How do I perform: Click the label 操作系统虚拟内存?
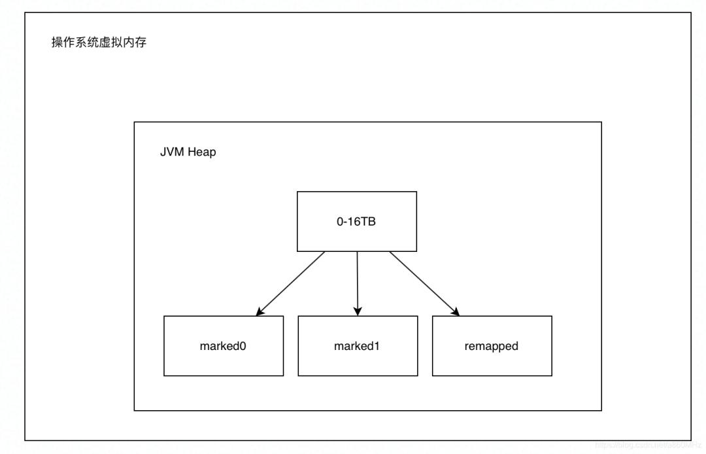tap(99, 44)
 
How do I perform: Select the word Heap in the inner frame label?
tap(202, 152)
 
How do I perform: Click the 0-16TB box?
tap(356, 221)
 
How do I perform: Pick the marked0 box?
tap(224, 346)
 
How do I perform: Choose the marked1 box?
tap(358, 346)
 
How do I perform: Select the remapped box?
tap(492, 346)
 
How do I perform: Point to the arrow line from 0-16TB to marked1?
tap(358, 278)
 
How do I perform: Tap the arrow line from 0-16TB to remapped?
tap(422, 281)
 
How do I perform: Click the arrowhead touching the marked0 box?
tap(261, 311)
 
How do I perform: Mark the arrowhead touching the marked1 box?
tap(358, 310)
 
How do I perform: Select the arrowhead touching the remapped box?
tap(454, 311)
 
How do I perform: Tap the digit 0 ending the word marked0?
tap(243, 346)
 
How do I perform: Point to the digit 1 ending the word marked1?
tap(378, 346)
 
